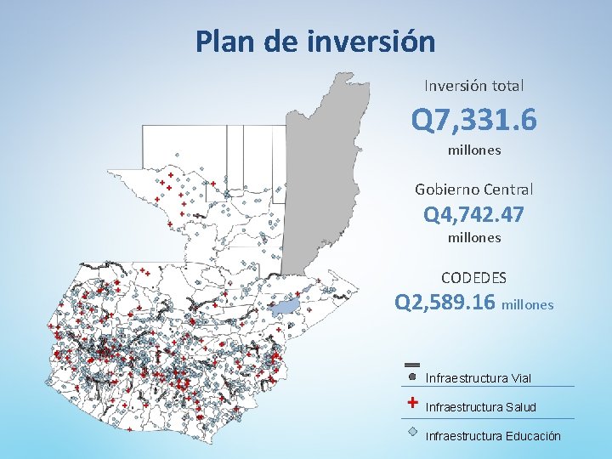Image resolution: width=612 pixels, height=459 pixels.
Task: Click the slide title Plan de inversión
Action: (314, 41)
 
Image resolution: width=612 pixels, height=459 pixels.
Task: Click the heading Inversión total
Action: (474, 86)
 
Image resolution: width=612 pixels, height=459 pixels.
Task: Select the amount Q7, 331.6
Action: (474, 120)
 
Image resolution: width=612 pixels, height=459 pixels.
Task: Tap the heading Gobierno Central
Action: (474, 189)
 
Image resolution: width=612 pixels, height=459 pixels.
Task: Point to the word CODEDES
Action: (474, 278)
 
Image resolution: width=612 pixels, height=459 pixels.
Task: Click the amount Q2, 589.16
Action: (446, 303)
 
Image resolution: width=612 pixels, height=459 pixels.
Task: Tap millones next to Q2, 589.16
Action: (528, 304)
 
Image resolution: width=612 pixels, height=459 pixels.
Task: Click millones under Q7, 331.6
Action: (474, 150)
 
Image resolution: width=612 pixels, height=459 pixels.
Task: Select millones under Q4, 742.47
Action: (474, 238)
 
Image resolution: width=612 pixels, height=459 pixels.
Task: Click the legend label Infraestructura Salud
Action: (480, 407)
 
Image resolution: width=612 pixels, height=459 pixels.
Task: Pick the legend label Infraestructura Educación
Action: (492, 436)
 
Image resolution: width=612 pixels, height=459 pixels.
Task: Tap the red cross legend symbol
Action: (412, 403)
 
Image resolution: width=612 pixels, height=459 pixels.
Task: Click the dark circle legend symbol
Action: (412, 375)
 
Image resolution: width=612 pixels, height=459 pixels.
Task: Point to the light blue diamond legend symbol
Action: (412, 431)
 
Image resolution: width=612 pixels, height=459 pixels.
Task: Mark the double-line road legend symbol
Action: (411, 363)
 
